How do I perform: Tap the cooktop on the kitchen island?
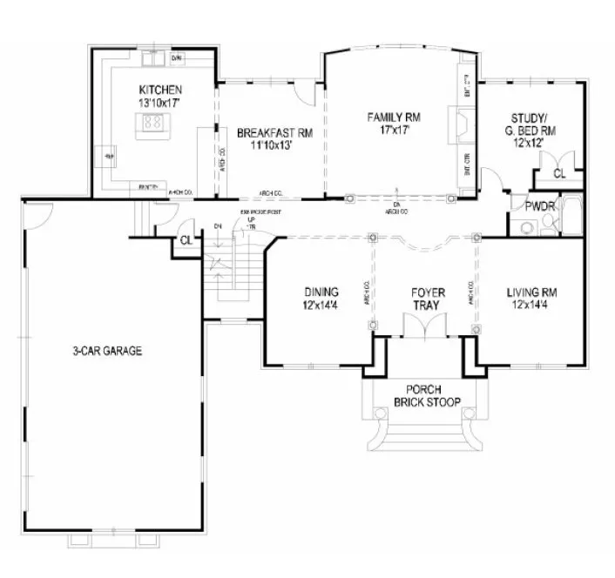click(156, 124)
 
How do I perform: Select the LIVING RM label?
click(532, 292)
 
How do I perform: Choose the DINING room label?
click(321, 292)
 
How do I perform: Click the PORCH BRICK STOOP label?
click(426, 395)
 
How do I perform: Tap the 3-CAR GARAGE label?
click(107, 352)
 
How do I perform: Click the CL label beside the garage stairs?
click(186, 240)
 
